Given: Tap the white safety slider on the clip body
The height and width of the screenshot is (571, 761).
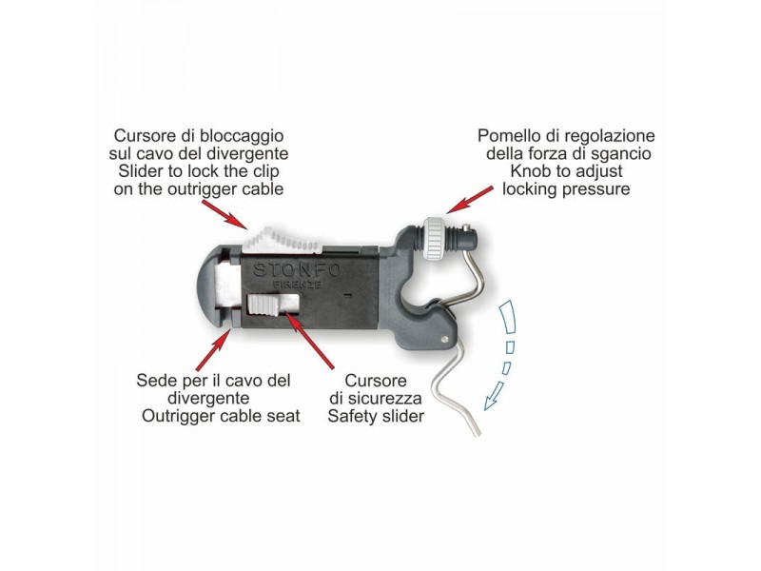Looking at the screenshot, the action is click(263, 305).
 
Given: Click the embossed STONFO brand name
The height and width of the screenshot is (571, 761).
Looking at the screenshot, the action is click(298, 270).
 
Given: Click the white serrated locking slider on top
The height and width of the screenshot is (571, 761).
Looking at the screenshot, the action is click(282, 240).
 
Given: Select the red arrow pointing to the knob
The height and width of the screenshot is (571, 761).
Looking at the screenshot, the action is click(470, 198).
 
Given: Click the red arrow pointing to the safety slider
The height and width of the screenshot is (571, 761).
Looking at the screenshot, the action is click(310, 341).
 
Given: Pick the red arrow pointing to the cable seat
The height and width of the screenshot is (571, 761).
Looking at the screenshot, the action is click(211, 348).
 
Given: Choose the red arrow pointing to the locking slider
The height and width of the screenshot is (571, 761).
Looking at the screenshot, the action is click(224, 215).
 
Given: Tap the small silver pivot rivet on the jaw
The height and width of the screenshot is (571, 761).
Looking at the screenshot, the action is click(444, 340).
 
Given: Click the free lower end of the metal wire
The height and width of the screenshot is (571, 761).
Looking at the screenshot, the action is click(478, 434).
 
